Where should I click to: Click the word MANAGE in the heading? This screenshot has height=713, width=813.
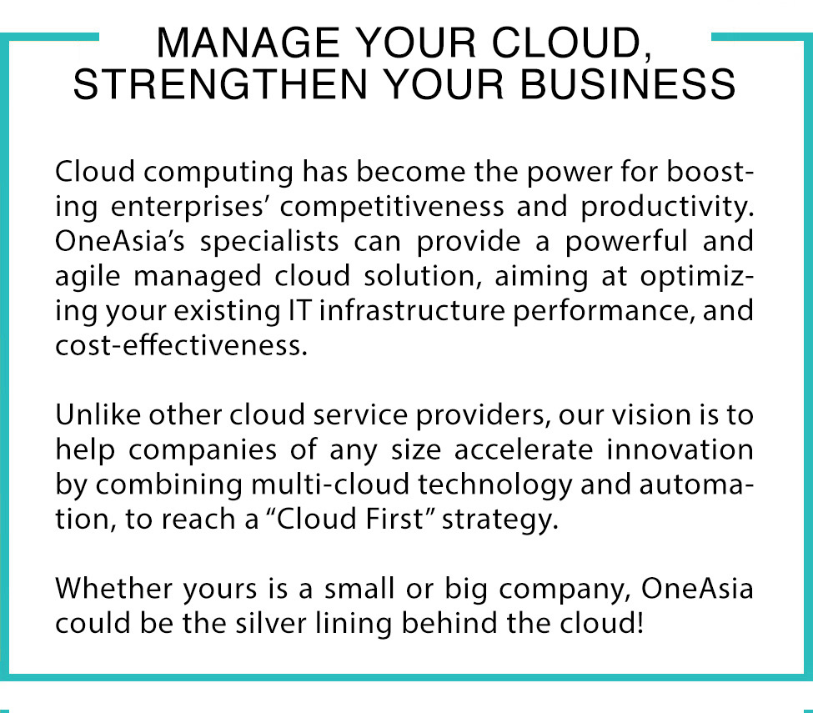tap(248, 43)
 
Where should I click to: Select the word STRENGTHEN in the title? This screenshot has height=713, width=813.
tap(220, 84)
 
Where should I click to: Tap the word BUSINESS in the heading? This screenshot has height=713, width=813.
tap(627, 84)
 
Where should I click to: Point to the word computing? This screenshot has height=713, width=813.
tap(218, 173)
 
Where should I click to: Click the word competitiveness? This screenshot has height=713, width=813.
tap(392, 206)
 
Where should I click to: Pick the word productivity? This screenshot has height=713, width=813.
tap(667, 208)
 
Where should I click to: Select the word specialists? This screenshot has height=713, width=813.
tap(269, 243)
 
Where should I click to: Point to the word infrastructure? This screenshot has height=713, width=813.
tap(412, 310)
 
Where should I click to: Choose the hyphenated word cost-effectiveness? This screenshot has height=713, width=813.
tap(182, 345)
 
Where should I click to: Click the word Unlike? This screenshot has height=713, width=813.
tap(98, 414)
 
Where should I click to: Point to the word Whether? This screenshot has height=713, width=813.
tap(114, 588)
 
